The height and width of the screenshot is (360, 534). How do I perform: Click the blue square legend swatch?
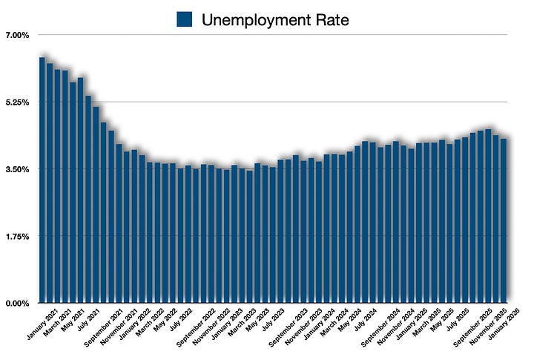click(185, 19)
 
